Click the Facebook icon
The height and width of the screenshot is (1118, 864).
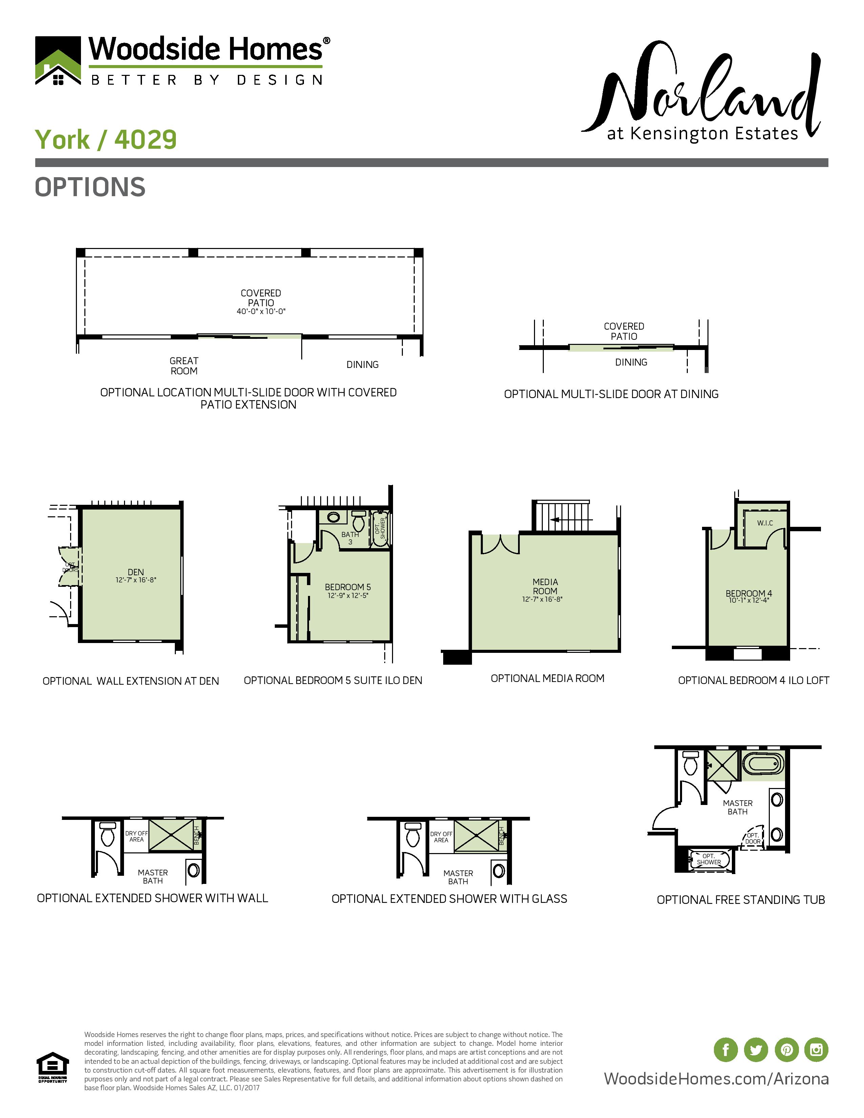tap(725, 1050)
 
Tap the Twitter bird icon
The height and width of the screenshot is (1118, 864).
tap(756, 1050)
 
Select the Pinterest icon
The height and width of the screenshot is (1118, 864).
tap(786, 1050)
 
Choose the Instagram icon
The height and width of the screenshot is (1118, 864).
tap(817, 1050)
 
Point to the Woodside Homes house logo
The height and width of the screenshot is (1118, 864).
tap(58, 60)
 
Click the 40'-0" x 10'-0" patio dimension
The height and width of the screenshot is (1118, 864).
tap(261, 311)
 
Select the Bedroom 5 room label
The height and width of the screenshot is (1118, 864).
tap(348, 587)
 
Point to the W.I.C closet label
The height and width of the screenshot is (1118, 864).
tap(765, 523)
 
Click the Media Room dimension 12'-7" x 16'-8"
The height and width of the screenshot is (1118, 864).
tap(542, 599)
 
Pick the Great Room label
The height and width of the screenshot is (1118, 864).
tap(184, 366)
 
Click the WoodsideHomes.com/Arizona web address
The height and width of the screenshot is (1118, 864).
tap(716, 1079)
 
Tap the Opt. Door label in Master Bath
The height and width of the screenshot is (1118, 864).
tap(753, 838)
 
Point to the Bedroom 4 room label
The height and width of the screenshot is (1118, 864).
tap(748, 593)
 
